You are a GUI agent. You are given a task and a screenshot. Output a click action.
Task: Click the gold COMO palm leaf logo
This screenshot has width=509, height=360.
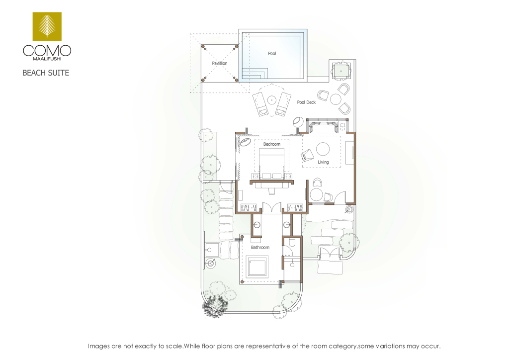[47, 27]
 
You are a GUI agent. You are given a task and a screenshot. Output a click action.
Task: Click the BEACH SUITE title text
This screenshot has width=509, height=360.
[46, 73]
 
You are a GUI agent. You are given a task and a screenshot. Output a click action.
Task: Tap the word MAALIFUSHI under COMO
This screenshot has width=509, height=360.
[47, 59]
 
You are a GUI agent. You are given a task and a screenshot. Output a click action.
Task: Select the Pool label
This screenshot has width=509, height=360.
[272, 53]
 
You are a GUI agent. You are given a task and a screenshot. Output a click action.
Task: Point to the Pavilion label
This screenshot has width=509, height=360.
[219, 63]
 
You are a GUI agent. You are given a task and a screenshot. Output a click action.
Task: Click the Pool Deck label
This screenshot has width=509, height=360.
[306, 102]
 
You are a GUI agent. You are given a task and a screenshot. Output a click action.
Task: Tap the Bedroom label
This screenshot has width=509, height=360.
[272, 144]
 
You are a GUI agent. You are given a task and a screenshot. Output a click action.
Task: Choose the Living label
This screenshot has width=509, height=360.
[323, 162]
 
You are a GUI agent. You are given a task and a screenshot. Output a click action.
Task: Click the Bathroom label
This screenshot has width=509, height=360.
[260, 247]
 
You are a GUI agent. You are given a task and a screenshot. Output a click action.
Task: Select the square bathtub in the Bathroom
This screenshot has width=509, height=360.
[257, 267]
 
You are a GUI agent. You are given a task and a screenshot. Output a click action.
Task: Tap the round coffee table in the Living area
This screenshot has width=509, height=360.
[323, 149]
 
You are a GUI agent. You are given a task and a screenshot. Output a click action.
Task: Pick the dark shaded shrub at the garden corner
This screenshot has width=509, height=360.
[215, 306]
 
